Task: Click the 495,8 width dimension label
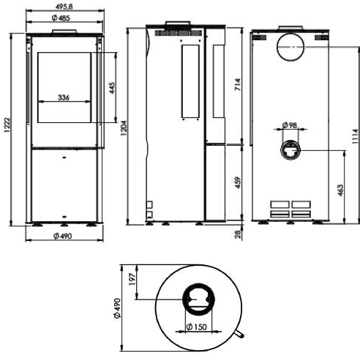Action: [x=64, y=7]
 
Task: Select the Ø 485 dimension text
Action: [x=61, y=18]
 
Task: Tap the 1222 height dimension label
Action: [x=7, y=125]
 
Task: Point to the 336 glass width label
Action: [x=64, y=97]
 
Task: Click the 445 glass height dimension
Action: [x=112, y=88]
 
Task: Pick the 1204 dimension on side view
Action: [x=124, y=128]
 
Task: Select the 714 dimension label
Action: [x=238, y=84]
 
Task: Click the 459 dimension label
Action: [x=238, y=182]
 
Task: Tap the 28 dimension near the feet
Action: [x=238, y=234]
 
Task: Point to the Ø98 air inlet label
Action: [x=290, y=125]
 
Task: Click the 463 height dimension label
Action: [x=340, y=190]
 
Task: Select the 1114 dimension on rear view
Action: [x=356, y=136]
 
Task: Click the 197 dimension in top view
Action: [x=132, y=279]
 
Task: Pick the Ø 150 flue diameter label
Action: [x=196, y=327]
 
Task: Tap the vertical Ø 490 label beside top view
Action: [x=117, y=308]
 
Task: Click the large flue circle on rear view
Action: [x=290, y=33]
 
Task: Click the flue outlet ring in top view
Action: [x=198, y=284]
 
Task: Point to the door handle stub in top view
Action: [x=239, y=335]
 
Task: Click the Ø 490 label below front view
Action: [x=63, y=236]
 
